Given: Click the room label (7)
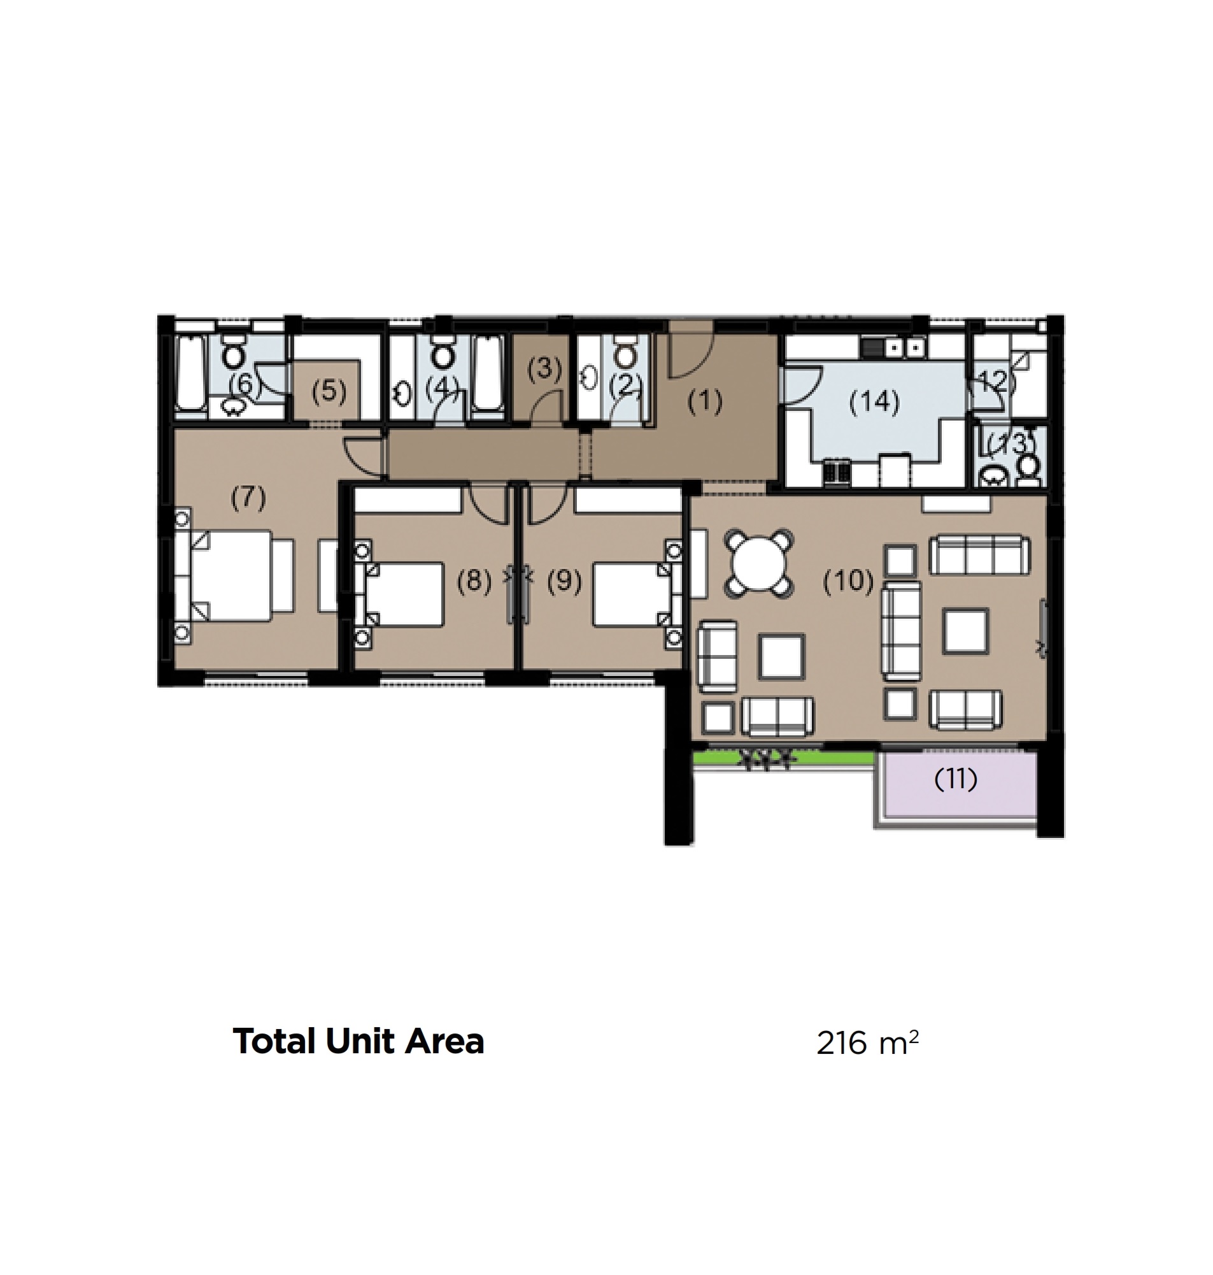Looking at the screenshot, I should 248,498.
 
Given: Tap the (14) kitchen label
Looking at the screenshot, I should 874,401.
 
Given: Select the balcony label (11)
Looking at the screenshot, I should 956,779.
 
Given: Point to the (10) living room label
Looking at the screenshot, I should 848,581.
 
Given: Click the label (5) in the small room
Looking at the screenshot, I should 329,391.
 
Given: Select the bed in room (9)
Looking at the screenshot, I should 630,594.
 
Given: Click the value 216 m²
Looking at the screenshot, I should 867,1043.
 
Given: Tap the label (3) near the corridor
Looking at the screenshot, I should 544,368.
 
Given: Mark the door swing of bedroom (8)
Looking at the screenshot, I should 488,505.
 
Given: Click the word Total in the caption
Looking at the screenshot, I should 275,1042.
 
